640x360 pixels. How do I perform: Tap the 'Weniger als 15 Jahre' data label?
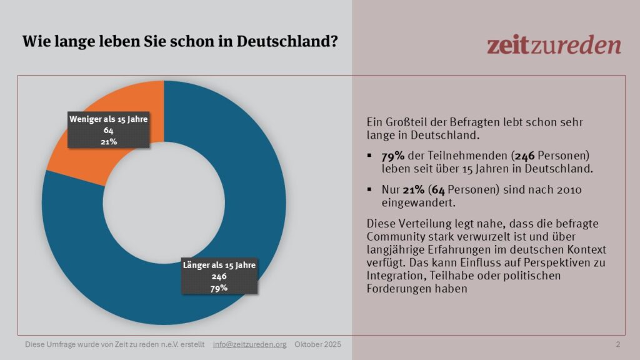coord(107,130)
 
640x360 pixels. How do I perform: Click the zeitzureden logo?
coord(554,45)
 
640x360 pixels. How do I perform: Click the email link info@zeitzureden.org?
coord(249,344)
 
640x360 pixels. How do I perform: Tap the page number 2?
coord(618,344)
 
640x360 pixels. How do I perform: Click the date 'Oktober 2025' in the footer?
coord(318,344)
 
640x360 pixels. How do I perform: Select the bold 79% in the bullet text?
coord(392,155)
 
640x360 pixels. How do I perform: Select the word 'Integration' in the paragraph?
coord(394,276)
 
